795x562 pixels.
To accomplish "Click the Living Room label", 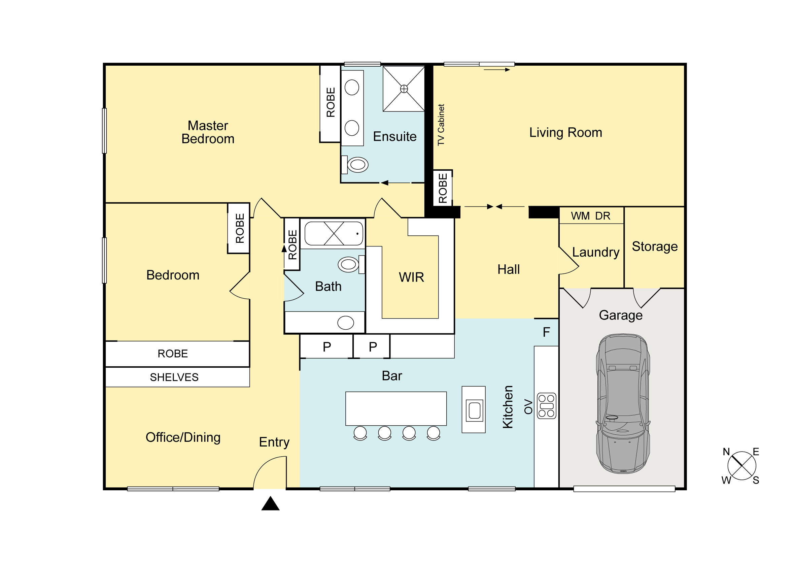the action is point(565,133).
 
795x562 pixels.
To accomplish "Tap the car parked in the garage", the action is point(623,404).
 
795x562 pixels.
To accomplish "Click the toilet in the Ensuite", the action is point(354,165).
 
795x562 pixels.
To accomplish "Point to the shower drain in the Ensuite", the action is point(404,89).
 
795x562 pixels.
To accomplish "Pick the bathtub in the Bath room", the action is point(334,234).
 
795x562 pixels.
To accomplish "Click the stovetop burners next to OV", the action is point(546,406).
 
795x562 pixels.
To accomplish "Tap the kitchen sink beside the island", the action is point(474,410).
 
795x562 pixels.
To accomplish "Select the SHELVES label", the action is point(174,377).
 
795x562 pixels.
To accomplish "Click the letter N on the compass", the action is point(726,452).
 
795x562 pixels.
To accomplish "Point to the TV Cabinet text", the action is point(441,125).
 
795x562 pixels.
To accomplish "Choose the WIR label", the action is point(411,277).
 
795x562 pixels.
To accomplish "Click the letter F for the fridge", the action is point(546,332).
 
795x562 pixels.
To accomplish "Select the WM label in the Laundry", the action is point(580,216).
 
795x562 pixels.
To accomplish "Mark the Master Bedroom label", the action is point(208,132).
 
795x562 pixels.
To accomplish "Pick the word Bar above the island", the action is point(392,376).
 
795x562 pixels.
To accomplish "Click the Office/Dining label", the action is point(183,438).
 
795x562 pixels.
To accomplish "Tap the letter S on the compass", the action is point(756,480).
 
